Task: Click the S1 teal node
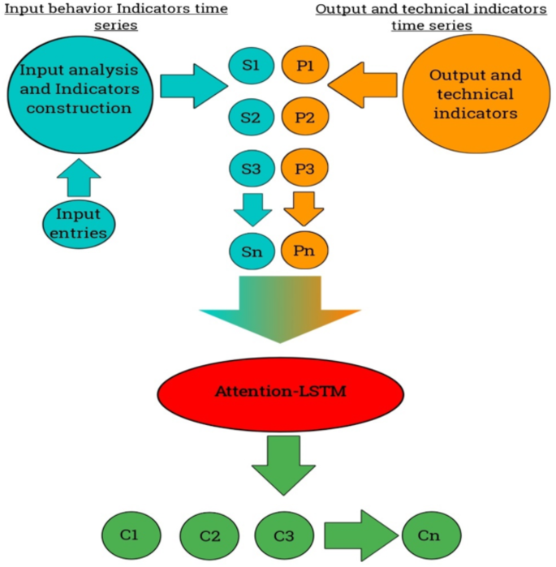tap(251, 67)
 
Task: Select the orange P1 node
tap(304, 67)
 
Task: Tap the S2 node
tap(251, 118)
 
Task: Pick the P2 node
tap(304, 118)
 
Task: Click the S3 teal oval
tap(251, 170)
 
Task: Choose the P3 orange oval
tap(304, 170)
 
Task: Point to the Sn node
tap(251, 251)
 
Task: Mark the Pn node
tap(304, 251)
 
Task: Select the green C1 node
tap(131, 535)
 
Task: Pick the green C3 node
tap(283, 535)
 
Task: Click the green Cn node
tap(430, 535)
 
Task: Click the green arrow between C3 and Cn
tap(357, 535)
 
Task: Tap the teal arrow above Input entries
tap(79, 174)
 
